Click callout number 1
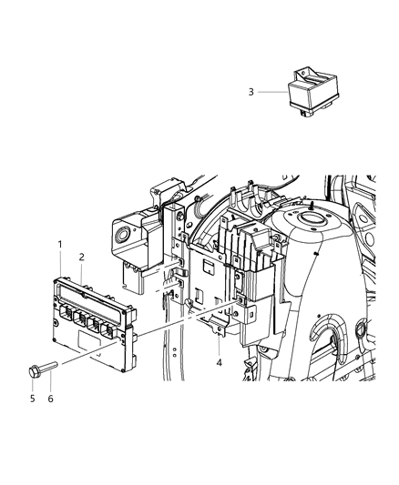coord(60,245)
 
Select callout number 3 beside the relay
coord(251,91)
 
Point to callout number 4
coord(219,364)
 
